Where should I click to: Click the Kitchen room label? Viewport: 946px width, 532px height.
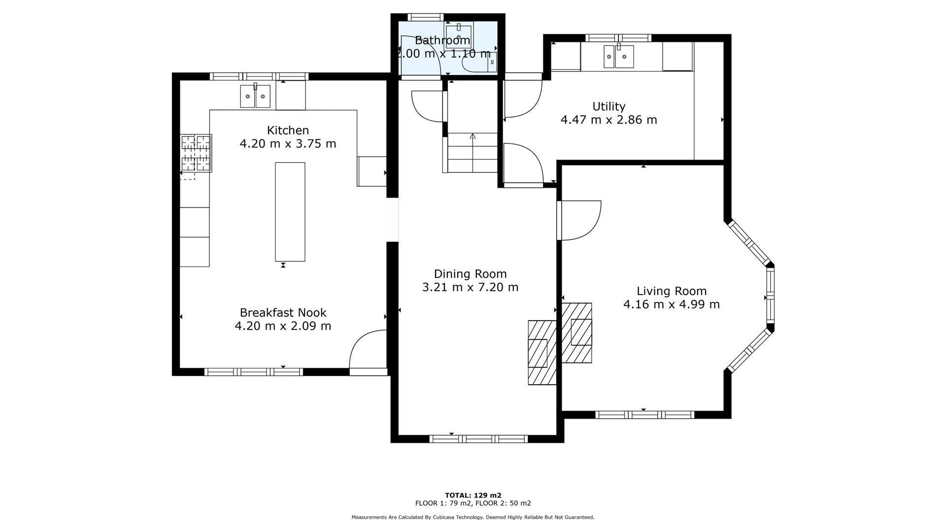(x=288, y=131)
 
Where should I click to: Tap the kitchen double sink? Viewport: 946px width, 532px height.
(x=255, y=96)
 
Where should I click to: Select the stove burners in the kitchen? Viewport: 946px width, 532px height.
(x=196, y=153)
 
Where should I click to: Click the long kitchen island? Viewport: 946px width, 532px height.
(x=290, y=212)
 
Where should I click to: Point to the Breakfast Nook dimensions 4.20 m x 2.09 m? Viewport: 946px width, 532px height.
(x=283, y=326)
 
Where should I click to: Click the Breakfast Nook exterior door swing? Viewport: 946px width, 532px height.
(x=367, y=351)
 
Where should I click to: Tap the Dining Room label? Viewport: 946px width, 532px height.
(x=470, y=274)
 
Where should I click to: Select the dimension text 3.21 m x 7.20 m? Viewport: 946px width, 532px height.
(x=470, y=287)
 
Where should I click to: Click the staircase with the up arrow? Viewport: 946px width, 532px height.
(x=473, y=152)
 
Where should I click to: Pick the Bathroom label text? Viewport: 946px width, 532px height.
(x=442, y=40)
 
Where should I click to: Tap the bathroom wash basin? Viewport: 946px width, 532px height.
(x=459, y=35)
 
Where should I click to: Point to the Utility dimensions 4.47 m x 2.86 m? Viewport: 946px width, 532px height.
(x=608, y=120)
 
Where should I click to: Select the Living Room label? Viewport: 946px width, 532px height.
(x=672, y=291)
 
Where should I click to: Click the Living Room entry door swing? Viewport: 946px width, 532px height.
(x=580, y=220)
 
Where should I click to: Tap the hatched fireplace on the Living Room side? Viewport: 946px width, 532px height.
(x=577, y=333)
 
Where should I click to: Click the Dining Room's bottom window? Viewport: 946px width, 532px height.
(x=478, y=438)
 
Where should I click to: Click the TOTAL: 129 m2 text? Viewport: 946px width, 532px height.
(x=473, y=496)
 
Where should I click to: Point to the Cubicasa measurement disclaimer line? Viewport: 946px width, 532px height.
(x=473, y=517)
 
